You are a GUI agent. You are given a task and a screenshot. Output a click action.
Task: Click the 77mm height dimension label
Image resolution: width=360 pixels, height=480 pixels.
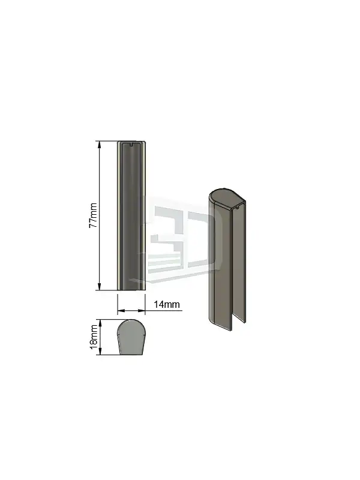[x=93, y=215]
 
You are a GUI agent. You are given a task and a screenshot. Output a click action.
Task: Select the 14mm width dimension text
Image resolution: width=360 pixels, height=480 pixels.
[x=167, y=304]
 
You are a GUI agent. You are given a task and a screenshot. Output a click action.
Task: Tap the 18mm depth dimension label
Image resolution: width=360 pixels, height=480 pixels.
[x=93, y=337]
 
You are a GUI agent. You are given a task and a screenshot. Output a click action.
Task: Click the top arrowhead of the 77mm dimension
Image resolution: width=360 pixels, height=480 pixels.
[x=99, y=145]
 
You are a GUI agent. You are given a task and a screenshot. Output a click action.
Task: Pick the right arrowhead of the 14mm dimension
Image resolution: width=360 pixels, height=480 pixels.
[x=141, y=311]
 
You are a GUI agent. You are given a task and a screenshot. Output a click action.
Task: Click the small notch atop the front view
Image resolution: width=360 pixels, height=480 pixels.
[x=131, y=145]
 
